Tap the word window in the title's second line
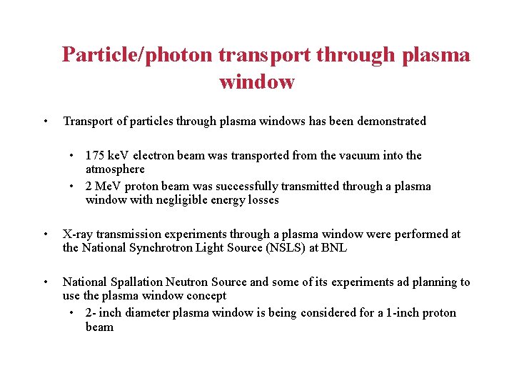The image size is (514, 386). pyautogui.click(x=257, y=82)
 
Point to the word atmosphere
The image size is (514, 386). pyautogui.click(x=115, y=169)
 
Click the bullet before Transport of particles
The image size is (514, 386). pyautogui.click(x=45, y=121)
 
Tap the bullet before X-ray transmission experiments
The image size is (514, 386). pyautogui.click(x=45, y=234)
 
